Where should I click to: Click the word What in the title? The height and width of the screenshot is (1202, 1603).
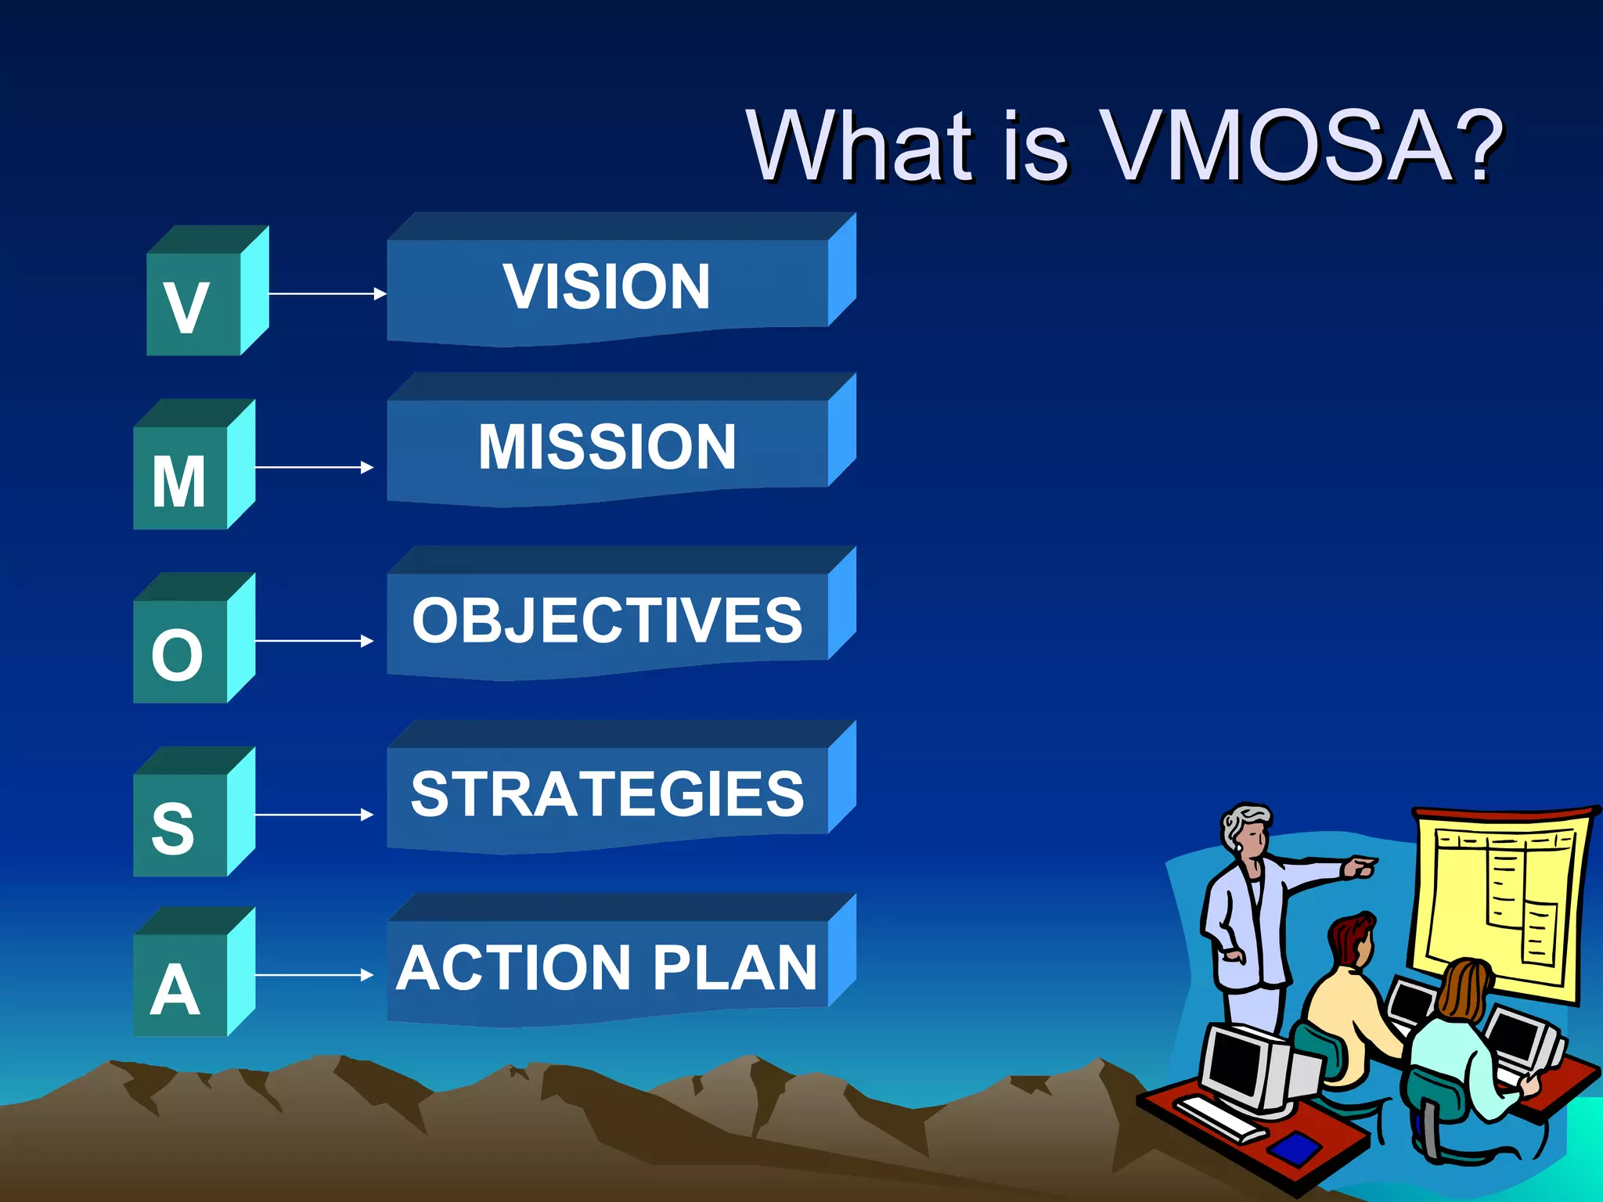coord(862,146)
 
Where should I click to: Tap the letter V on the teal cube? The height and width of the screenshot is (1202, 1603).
coord(186,308)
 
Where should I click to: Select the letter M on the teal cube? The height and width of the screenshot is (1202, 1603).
coord(178,482)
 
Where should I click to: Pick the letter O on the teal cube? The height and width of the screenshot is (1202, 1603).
coord(178,656)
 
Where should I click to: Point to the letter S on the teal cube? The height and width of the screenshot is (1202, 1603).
coord(173,828)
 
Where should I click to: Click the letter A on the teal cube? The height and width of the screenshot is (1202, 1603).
coord(175,991)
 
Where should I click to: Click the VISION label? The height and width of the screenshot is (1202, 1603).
coord(607,286)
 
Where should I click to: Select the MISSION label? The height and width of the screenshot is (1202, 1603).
coord(607,447)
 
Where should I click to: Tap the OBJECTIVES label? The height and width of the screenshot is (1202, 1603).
coord(607,621)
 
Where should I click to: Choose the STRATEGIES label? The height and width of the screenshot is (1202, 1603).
coord(607,794)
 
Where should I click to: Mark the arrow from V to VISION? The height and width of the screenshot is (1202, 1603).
coord(327,293)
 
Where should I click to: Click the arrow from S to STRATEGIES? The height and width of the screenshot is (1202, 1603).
coord(314,815)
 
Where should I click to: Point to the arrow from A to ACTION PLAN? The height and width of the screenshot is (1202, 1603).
coord(314,975)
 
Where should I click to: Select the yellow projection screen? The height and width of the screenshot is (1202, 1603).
coord(1503,900)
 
